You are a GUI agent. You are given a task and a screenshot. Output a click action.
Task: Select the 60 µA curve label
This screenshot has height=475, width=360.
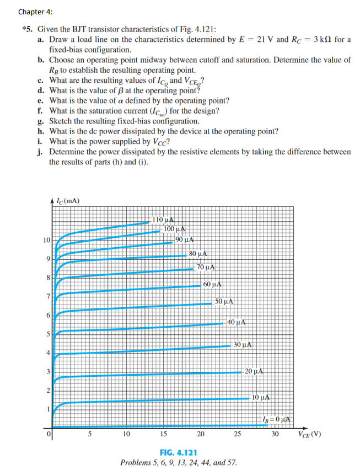click(212, 285)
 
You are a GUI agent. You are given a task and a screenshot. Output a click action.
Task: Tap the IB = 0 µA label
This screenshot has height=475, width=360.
click(278, 420)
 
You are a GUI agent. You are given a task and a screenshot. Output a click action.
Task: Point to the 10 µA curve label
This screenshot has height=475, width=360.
click(260, 397)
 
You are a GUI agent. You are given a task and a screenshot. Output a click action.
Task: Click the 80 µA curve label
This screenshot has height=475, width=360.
click(197, 254)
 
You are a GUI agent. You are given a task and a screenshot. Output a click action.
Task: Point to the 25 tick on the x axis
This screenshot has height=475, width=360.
click(238, 434)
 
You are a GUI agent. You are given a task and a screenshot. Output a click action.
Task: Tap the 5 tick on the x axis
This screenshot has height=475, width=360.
click(90, 434)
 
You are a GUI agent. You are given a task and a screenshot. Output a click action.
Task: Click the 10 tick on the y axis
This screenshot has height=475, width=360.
click(46, 240)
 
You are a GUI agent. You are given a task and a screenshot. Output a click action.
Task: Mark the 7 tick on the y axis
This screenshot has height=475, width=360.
click(49, 297)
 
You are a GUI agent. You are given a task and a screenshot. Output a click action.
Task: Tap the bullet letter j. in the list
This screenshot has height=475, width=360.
click(41, 151)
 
